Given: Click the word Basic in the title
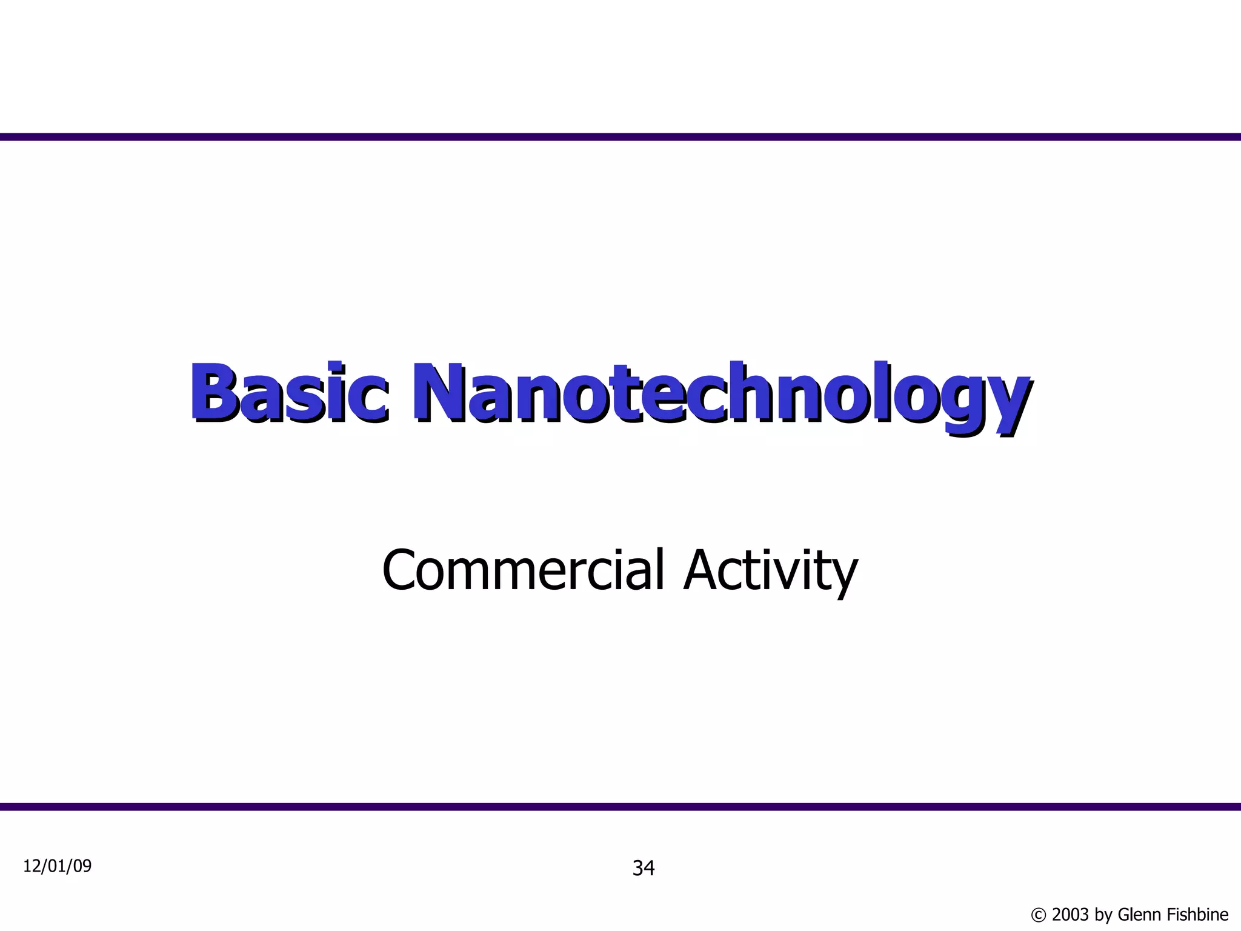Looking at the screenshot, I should (x=288, y=393).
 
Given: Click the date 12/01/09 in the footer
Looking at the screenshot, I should (x=58, y=866).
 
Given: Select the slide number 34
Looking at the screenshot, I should (x=644, y=869).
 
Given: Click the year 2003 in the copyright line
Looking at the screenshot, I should (x=1071, y=914).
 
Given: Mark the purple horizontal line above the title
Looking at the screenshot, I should (x=620, y=137).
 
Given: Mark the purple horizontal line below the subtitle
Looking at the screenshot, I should (x=620, y=807).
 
